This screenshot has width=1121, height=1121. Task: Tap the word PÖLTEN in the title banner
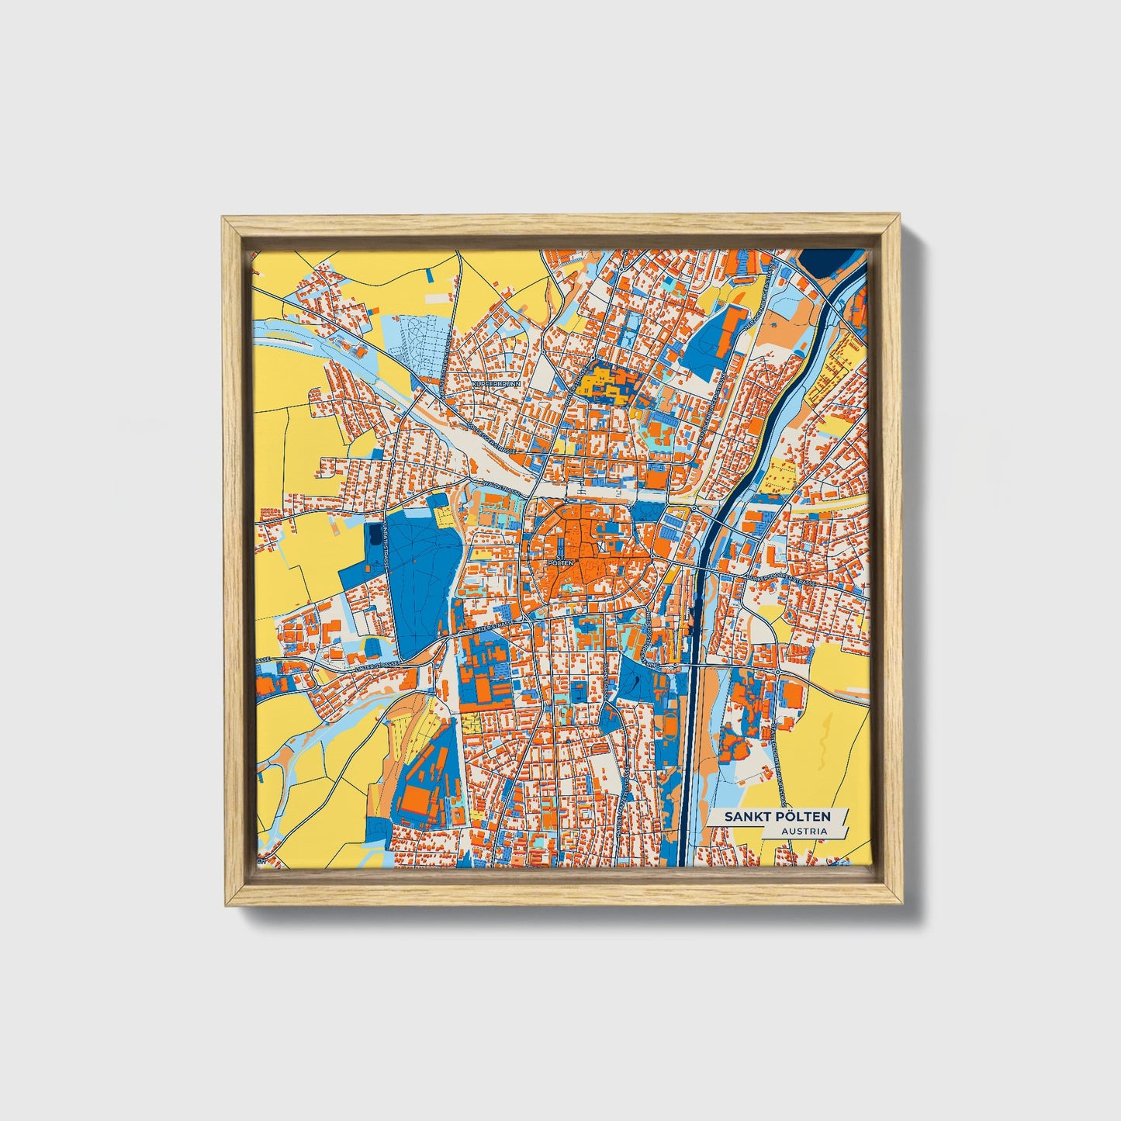click(x=803, y=816)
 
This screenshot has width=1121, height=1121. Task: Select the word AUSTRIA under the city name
click(x=804, y=831)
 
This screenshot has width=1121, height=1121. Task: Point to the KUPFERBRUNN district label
click(x=496, y=383)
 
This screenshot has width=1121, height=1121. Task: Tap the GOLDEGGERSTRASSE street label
click(x=490, y=437)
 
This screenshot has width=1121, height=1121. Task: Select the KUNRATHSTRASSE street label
click(x=386, y=544)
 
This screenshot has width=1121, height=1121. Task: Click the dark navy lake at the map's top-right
click(x=825, y=261)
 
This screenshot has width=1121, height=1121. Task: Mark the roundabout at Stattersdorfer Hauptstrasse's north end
click(x=777, y=672)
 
